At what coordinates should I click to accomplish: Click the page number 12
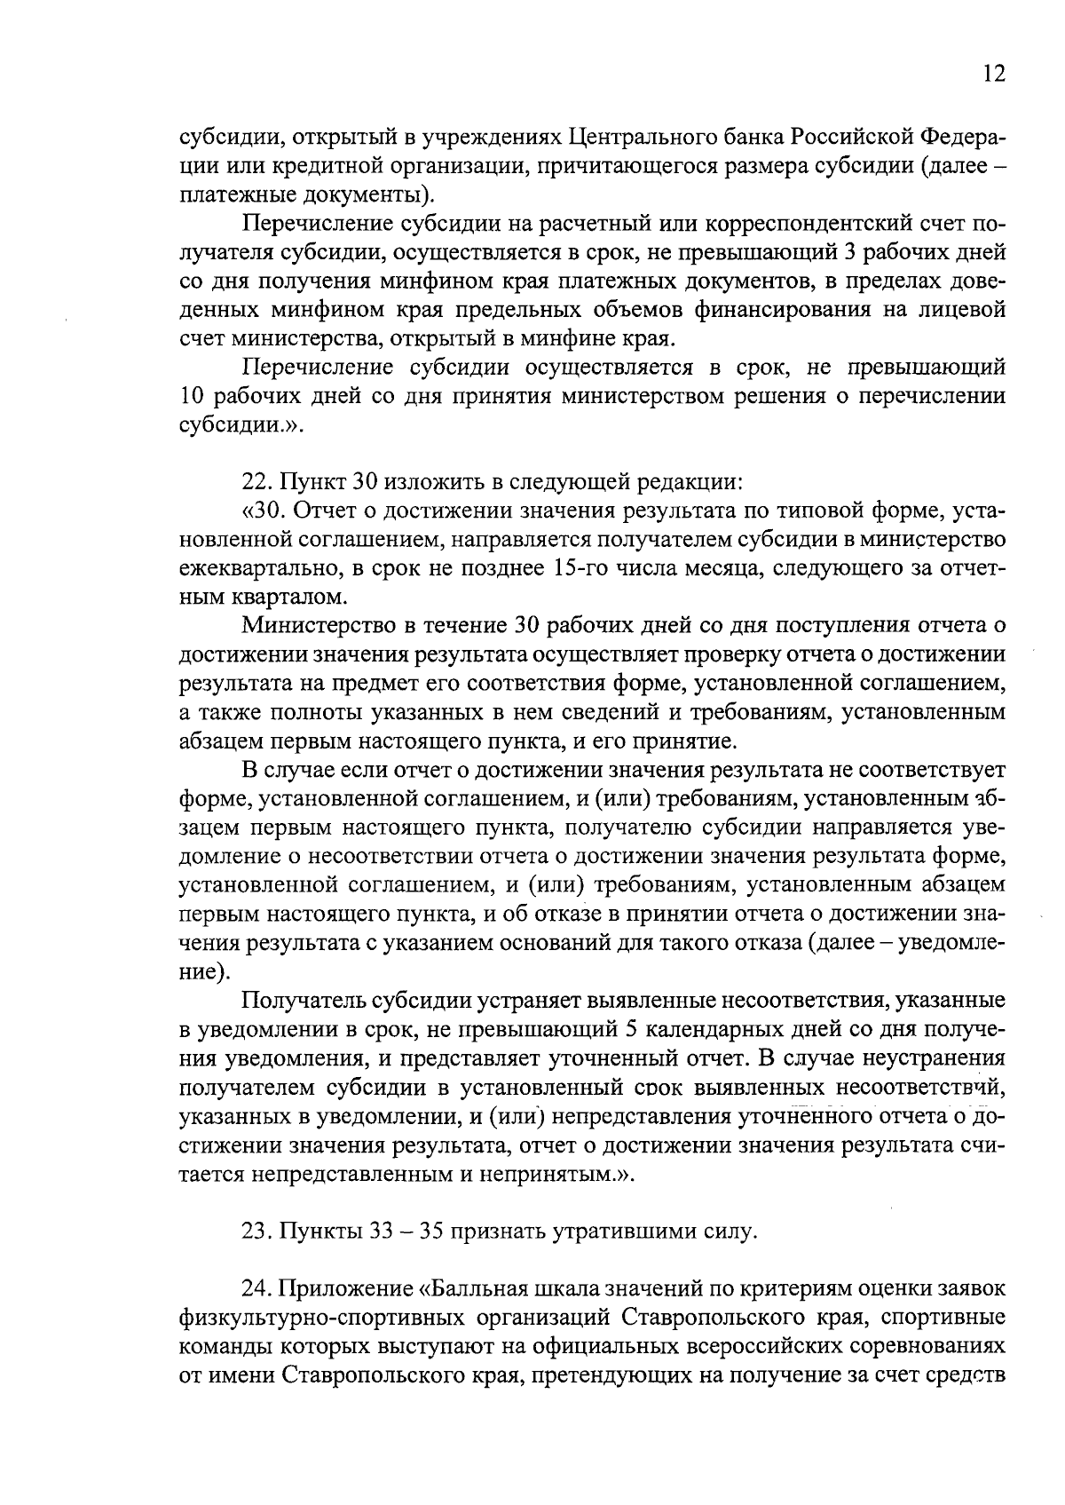click(994, 74)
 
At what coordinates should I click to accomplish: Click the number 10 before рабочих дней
click(193, 395)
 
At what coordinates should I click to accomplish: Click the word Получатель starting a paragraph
click(305, 1001)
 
